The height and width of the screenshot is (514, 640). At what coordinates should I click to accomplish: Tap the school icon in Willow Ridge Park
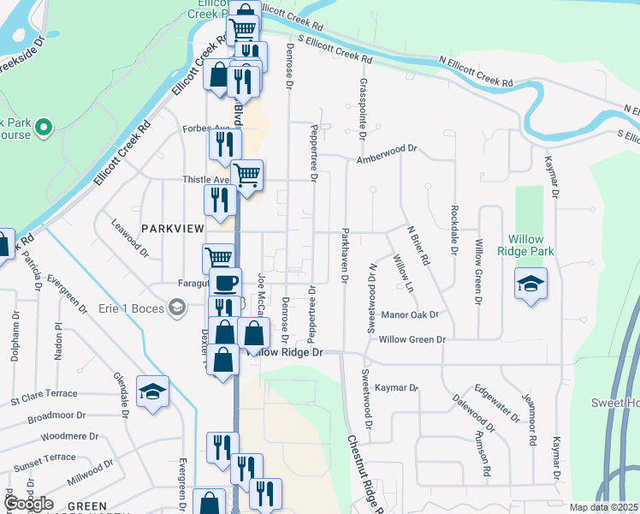530,283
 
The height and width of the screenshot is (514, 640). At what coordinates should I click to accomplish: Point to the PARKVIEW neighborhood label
173,229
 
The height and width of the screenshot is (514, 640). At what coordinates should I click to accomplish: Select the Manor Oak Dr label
410,314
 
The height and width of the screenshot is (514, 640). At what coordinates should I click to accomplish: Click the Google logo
28,504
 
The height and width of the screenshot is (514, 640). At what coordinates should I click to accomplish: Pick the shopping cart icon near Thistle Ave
247,176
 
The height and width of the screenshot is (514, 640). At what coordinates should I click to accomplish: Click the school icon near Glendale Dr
152,391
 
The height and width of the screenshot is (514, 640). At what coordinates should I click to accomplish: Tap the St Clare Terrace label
44,400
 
